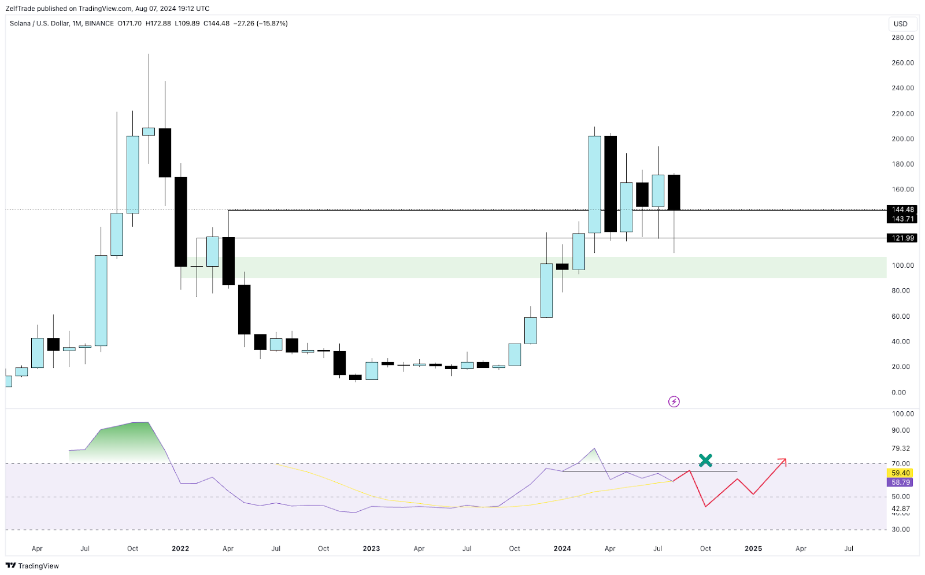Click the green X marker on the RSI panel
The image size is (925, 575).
(x=705, y=460)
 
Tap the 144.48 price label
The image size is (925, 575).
(x=902, y=209)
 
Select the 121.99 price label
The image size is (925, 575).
(x=902, y=238)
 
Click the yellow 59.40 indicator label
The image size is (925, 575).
(x=900, y=473)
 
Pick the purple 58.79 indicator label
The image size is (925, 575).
(x=900, y=482)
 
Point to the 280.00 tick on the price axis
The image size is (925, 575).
(x=902, y=38)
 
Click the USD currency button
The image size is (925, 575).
(x=901, y=24)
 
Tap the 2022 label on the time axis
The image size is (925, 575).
(x=180, y=548)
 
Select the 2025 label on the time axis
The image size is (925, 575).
(x=753, y=548)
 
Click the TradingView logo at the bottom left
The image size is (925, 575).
(x=32, y=566)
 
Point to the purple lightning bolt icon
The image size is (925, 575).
(x=674, y=401)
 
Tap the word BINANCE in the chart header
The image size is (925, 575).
(x=99, y=24)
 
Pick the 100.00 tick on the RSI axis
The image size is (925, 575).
(x=902, y=414)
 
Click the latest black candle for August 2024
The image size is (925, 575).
(x=674, y=192)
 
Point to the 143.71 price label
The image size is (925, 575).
(x=902, y=219)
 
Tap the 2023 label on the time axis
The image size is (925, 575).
(x=371, y=548)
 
